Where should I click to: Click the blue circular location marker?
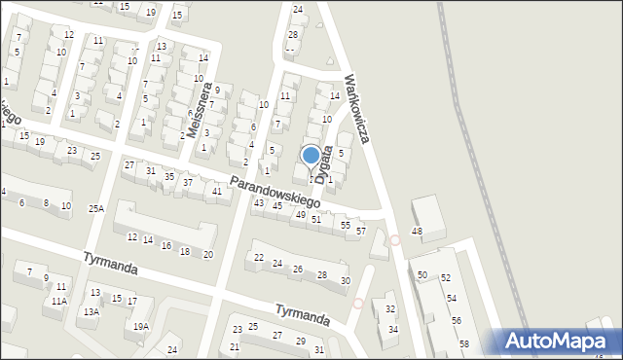pyautogui.click(x=311, y=155)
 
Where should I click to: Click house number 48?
pyautogui.click(x=417, y=231)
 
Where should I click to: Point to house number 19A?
pyautogui.click(x=141, y=327)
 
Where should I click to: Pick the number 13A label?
pyautogui.click(x=91, y=312)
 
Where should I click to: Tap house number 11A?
pyautogui.click(x=59, y=302)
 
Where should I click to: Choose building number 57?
pyautogui.click(x=360, y=232)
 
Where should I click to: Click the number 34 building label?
pyautogui.click(x=393, y=329)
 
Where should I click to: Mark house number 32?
pyautogui.click(x=390, y=309)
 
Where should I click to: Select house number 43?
pyautogui.click(x=259, y=202)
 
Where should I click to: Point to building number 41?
pyautogui.click(x=217, y=191)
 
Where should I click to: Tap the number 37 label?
pyautogui.click(x=188, y=183)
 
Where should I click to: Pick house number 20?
pyautogui.click(x=207, y=254)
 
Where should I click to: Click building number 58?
pyautogui.click(x=464, y=344)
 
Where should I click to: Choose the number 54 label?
pyautogui.click(x=452, y=298)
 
